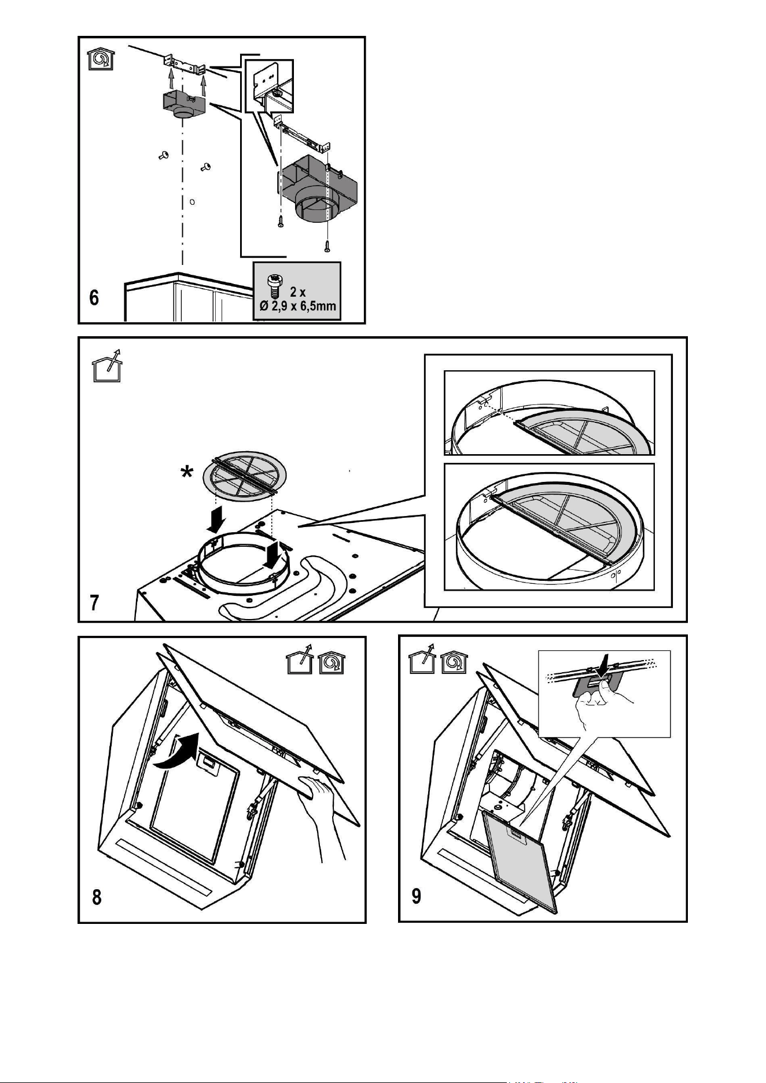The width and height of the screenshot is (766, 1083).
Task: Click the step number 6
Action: tap(94, 298)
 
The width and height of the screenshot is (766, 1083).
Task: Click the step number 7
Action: tap(94, 604)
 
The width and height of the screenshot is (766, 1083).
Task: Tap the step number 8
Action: tap(97, 897)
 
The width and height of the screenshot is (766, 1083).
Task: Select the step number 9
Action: tap(416, 896)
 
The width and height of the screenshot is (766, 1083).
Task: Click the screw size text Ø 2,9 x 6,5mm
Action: tap(297, 305)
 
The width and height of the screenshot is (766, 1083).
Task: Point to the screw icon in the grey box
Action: tap(274, 288)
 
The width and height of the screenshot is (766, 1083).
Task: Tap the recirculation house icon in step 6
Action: tap(101, 58)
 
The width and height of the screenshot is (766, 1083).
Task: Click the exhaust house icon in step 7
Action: tap(107, 366)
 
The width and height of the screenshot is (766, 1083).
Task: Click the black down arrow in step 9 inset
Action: tap(603, 665)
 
